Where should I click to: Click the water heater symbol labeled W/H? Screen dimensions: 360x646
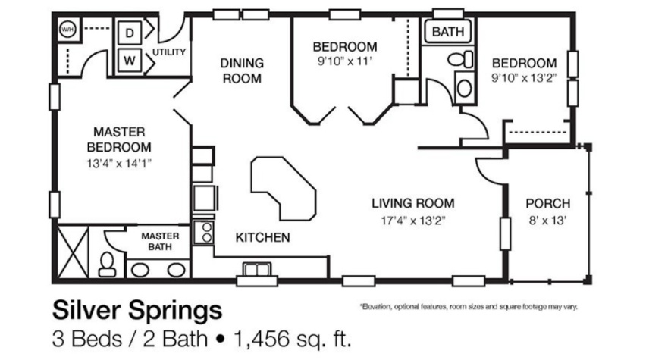[x=67, y=29]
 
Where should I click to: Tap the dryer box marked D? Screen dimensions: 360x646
[x=129, y=33]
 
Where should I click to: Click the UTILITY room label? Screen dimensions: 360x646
[x=170, y=52]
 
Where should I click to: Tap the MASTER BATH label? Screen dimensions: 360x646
[x=159, y=241]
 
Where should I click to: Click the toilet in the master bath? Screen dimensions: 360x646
[x=107, y=264]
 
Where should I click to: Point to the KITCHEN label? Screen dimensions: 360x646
[x=262, y=238]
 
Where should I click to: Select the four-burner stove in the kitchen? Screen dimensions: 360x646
[x=203, y=232]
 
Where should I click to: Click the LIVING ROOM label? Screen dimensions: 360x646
[x=412, y=203]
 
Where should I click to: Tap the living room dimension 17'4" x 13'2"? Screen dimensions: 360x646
[x=412, y=221]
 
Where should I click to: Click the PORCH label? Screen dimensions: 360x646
[x=547, y=204]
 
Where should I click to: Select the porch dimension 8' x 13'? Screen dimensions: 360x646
[x=547, y=221]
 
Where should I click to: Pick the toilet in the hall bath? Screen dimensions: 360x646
[x=457, y=58]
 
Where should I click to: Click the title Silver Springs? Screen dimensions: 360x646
[x=137, y=311]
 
